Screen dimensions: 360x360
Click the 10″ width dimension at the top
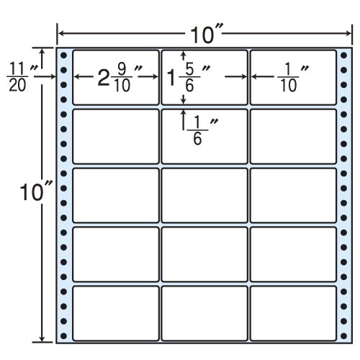205,34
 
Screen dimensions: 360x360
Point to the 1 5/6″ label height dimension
189,78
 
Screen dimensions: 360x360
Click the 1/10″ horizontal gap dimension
292,78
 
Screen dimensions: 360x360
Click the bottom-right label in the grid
293,313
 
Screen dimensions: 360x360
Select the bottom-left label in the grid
116,313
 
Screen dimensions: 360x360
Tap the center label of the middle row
204,195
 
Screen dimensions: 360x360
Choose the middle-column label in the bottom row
204,313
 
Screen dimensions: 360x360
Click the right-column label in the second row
293,136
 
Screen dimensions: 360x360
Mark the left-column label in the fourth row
116,254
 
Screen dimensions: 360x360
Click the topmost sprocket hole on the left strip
63,55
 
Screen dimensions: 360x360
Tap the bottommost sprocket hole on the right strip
343,336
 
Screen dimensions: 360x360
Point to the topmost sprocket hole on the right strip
343,55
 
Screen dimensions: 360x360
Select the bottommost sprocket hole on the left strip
63,336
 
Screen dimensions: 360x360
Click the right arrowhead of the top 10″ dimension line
348,33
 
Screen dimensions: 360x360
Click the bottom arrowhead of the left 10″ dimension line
42,338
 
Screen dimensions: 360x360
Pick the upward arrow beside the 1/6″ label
184,120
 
